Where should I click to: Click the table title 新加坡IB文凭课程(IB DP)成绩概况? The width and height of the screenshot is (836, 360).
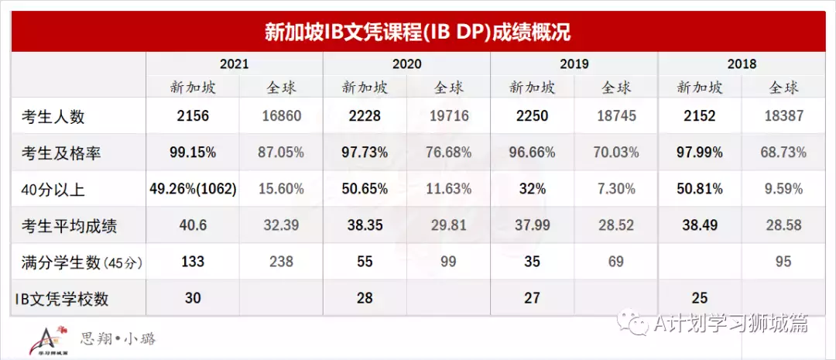click(x=418, y=33)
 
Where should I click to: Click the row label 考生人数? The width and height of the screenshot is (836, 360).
click(x=53, y=117)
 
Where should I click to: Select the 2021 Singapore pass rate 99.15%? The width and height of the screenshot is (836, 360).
click(x=193, y=153)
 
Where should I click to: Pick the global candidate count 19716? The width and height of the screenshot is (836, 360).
click(x=449, y=116)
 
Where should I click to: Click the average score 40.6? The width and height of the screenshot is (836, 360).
click(x=193, y=225)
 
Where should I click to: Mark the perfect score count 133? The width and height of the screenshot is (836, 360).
click(x=193, y=262)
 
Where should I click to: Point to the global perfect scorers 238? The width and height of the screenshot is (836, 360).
click(x=280, y=262)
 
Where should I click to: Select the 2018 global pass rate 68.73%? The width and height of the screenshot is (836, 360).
click(x=783, y=153)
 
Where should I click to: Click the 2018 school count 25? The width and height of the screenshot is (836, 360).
click(x=699, y=297)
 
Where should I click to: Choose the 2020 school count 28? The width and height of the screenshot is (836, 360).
click(x=363, y=297)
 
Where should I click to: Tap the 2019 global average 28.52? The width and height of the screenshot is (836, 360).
click(x=615, y=225)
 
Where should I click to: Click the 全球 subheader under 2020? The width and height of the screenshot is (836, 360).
click(x=449, y=87)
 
